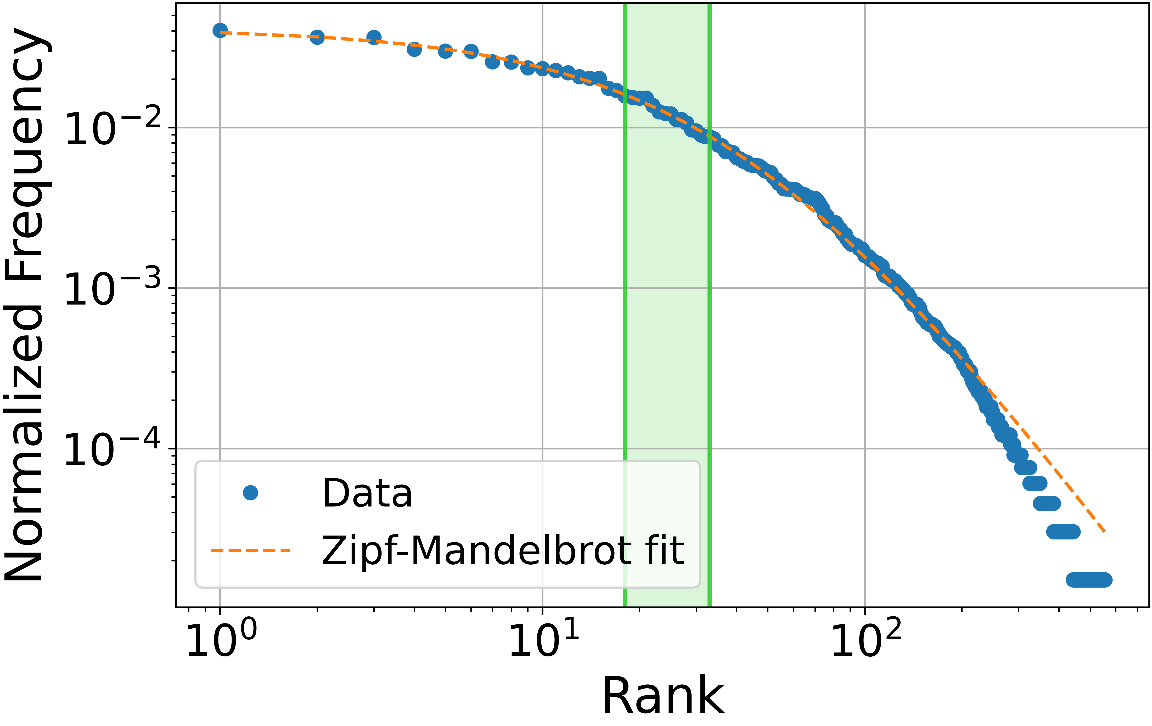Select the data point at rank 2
point(317,37)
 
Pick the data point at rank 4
point(414,49)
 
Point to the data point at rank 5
point(445,51)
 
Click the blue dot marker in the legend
point(250,493)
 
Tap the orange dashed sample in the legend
point(250,550)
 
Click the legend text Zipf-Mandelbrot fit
point(502,550)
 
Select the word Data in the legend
point(367,493)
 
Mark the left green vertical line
point(625,287)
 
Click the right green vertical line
point(710,287)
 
